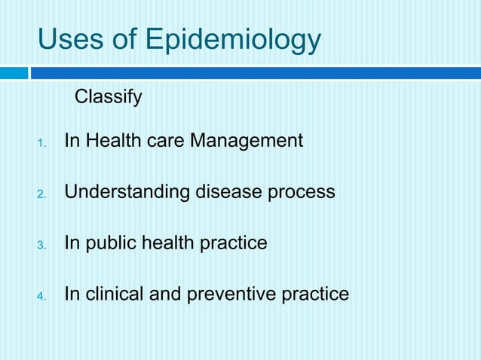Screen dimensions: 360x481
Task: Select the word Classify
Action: point(108,98)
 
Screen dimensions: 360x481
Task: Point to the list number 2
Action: point(42,194)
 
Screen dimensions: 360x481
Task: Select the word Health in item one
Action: point(112,141)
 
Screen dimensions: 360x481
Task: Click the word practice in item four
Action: point(315,294)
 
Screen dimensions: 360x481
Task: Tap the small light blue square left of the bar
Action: point(13,73)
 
